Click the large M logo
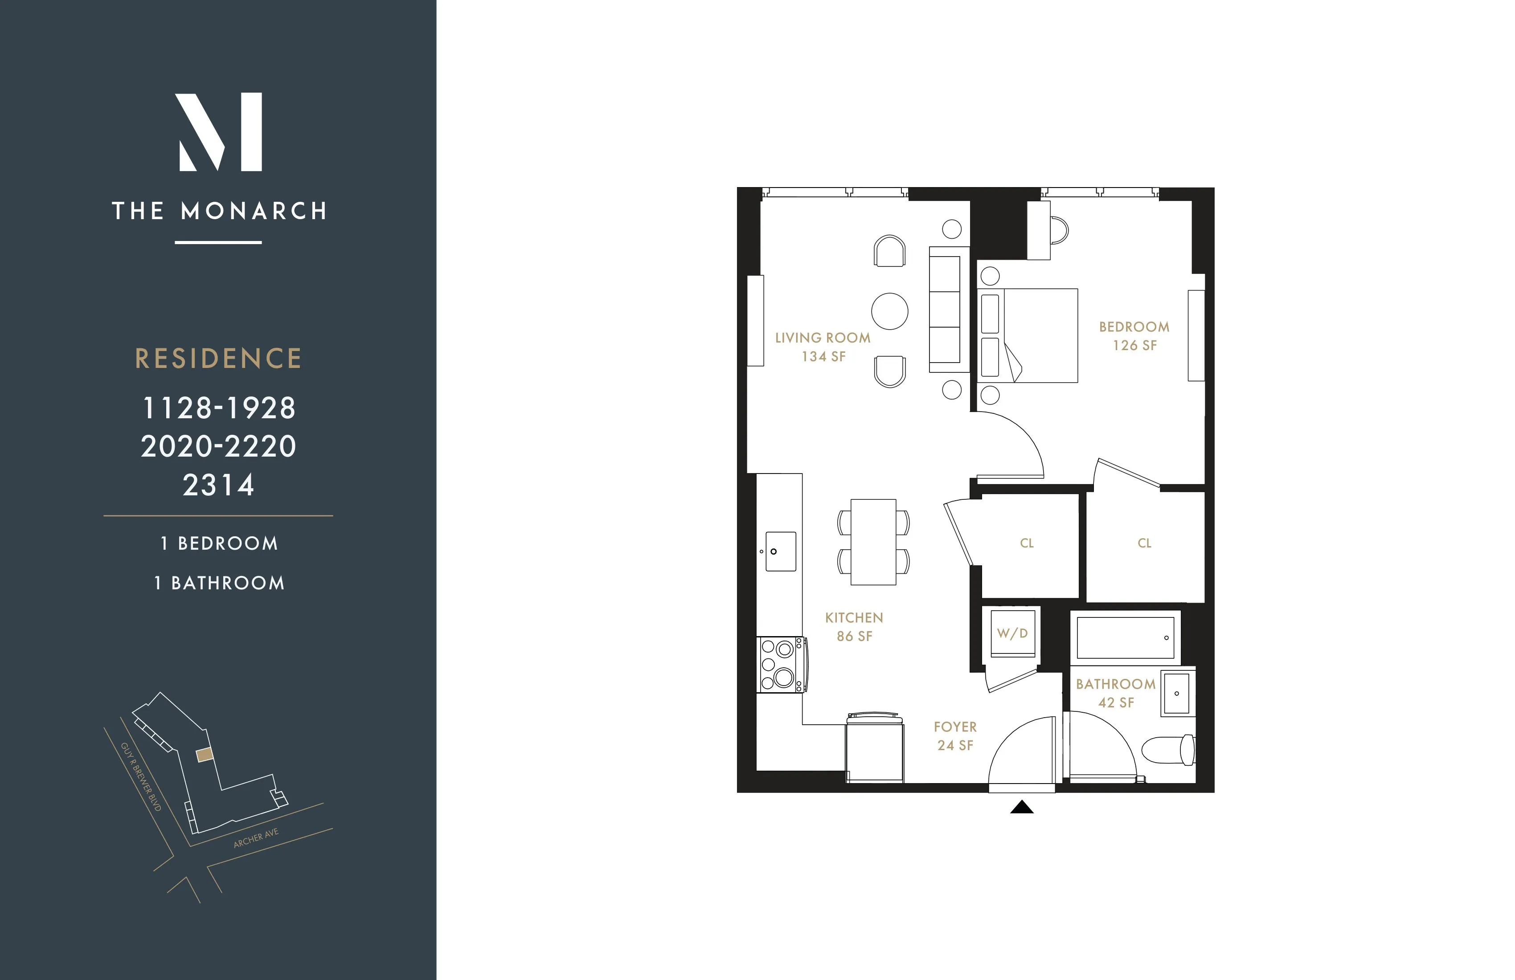218,132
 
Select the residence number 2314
218,486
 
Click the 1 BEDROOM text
219,543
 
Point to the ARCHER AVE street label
256,838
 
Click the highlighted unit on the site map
204,755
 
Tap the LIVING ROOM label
823,338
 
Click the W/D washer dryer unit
1012,633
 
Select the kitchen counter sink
780,551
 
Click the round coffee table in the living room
889,311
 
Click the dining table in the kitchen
873,542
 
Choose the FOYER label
955,727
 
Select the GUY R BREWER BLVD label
141,776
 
